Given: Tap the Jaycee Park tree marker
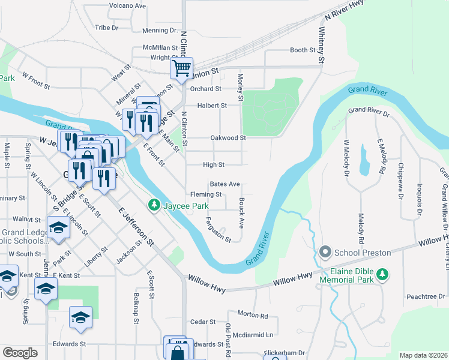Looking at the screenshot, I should point(154,206).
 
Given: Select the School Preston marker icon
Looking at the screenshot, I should point(326,252).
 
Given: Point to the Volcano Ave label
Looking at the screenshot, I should point(127,6).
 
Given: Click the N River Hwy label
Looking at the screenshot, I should point(344,11).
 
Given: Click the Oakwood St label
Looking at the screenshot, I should point(228,138).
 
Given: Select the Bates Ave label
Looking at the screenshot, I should point(224,184).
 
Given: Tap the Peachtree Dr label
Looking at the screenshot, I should point(424,296).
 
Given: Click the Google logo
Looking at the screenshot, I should point(20,353).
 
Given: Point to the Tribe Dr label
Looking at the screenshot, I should point(107,28).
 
